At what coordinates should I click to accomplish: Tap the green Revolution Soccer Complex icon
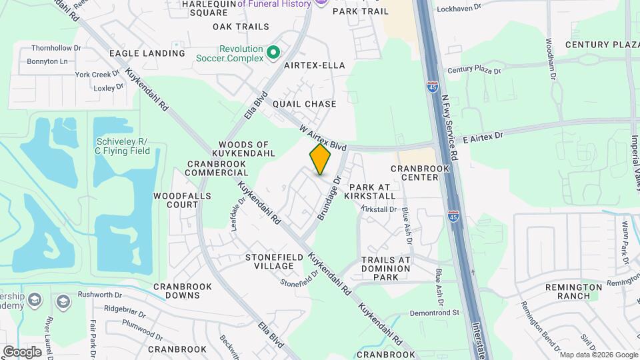tap(273, 52)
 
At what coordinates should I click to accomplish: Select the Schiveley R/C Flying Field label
tap(125, 146)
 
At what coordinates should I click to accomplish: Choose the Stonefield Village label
tap(269, 261)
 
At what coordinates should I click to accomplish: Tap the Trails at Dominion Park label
tap(386, 268)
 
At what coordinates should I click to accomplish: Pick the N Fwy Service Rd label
tap(450, 126)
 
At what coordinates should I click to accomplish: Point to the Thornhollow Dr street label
tap(56, 48)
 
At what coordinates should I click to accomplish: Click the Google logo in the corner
tap(22, 351)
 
